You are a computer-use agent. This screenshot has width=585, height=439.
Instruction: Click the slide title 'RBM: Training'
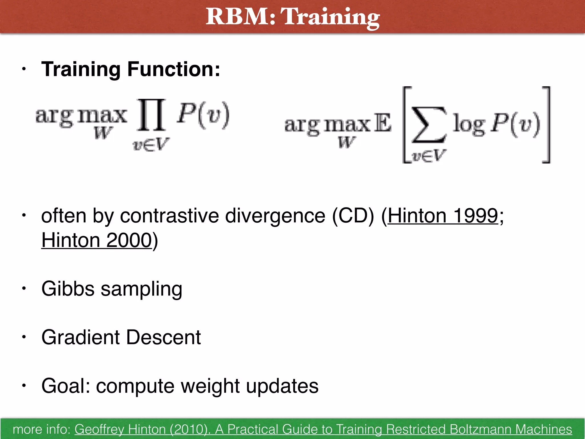point(292,17)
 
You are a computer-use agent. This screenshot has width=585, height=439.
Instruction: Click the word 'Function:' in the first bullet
point(174,69)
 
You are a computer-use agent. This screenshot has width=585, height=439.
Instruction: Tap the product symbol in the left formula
point(151,115)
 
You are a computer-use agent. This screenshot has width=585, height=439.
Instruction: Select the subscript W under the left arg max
point(103,133)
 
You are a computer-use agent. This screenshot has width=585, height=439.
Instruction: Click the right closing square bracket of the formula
point(546,125)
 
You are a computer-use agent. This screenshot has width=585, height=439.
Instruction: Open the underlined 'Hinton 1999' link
point(442,215)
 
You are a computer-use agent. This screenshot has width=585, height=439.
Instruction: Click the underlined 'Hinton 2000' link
point(97,240)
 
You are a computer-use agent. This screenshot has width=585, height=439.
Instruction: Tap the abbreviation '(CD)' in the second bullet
point(353,215)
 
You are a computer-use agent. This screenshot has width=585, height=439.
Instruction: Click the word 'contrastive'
point(170,215)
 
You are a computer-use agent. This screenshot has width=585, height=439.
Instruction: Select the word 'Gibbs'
point(68,289)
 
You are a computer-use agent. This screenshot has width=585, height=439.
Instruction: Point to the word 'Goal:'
point(66,386)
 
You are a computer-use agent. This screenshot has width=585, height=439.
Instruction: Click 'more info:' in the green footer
point(42,429)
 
